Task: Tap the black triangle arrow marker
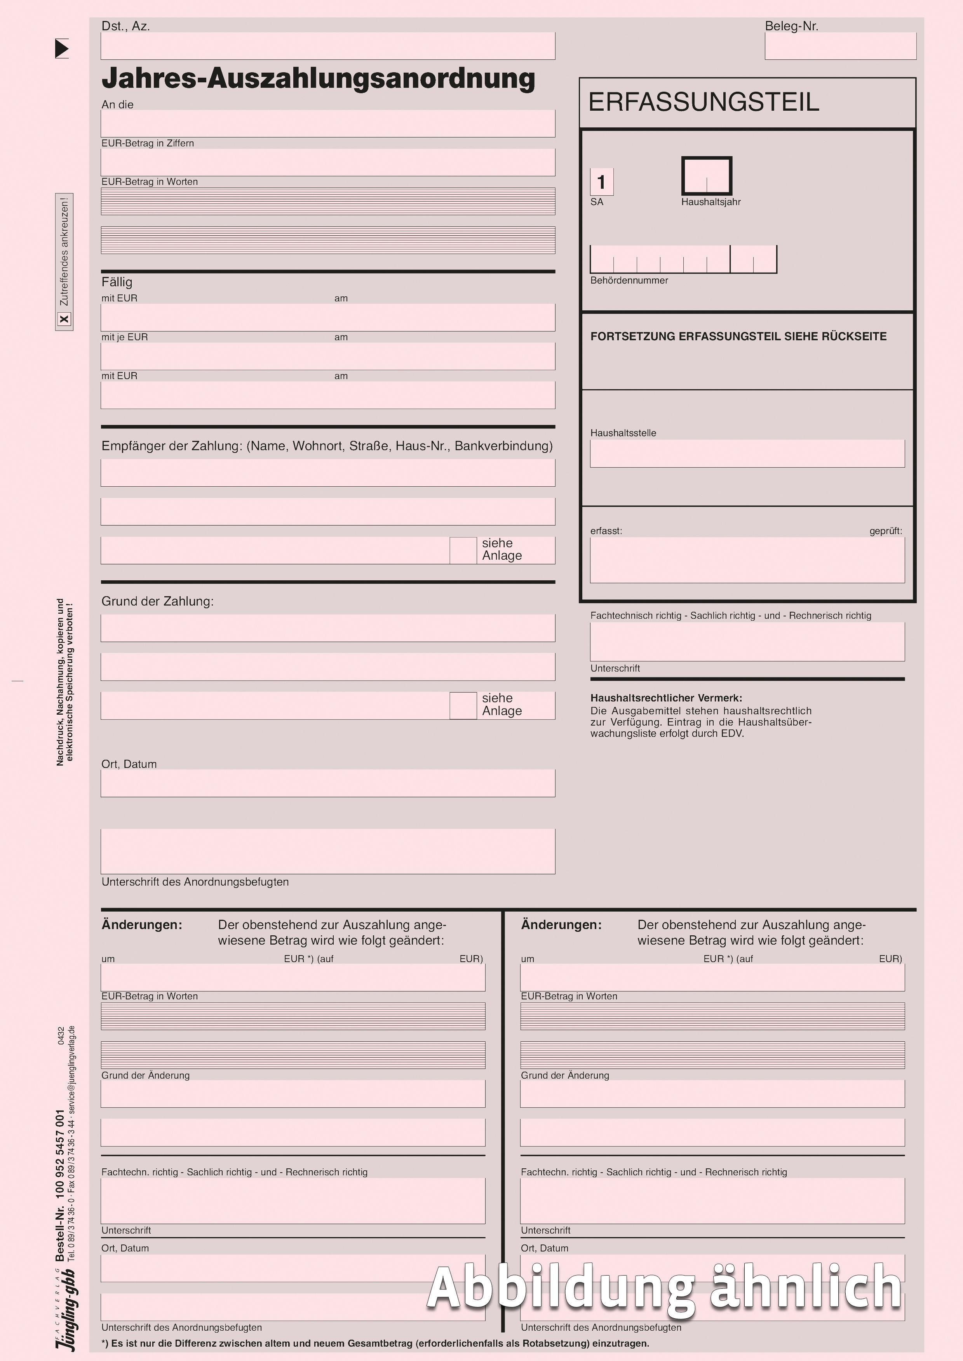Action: coord(62,49)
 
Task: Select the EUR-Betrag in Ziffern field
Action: coord(327,162)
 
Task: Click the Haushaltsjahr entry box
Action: coord(706,176)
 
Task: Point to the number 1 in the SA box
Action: coord(601,182)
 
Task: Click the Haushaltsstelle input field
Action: coord(747,453)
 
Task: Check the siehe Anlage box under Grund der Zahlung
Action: coord(463,705)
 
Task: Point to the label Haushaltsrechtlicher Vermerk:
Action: coord(666,698)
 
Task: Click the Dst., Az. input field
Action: coord(327,46)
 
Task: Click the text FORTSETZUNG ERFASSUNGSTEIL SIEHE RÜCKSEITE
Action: coord(738,337)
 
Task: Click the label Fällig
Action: coord(117,282)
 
